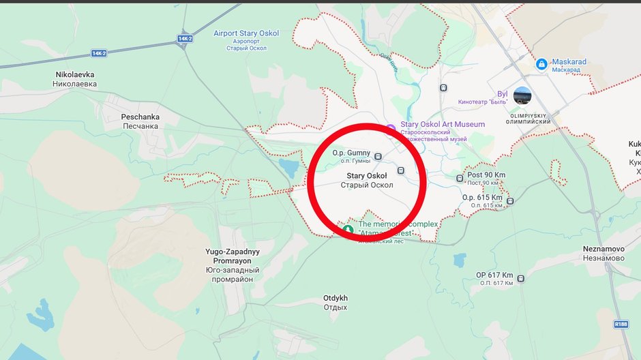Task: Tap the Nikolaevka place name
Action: coord(75,78)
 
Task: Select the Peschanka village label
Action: coord(140,121)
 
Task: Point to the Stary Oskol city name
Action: coord(366,180)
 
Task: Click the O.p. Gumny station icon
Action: coord(378,156)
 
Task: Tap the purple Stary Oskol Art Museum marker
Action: coord(391,128)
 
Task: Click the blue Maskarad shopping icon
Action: coord(541,63)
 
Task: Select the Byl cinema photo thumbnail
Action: coord(523,95)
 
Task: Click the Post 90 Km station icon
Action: coord(460,179)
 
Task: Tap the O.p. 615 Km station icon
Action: coord(510,200)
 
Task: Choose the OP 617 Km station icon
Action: coord(521,278)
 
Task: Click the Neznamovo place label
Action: coord(603,254)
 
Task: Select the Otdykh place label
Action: coord(336,302)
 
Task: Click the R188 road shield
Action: coord(621,325)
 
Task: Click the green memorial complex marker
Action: coord(348,230)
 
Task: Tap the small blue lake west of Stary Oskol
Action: coord(289,167)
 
